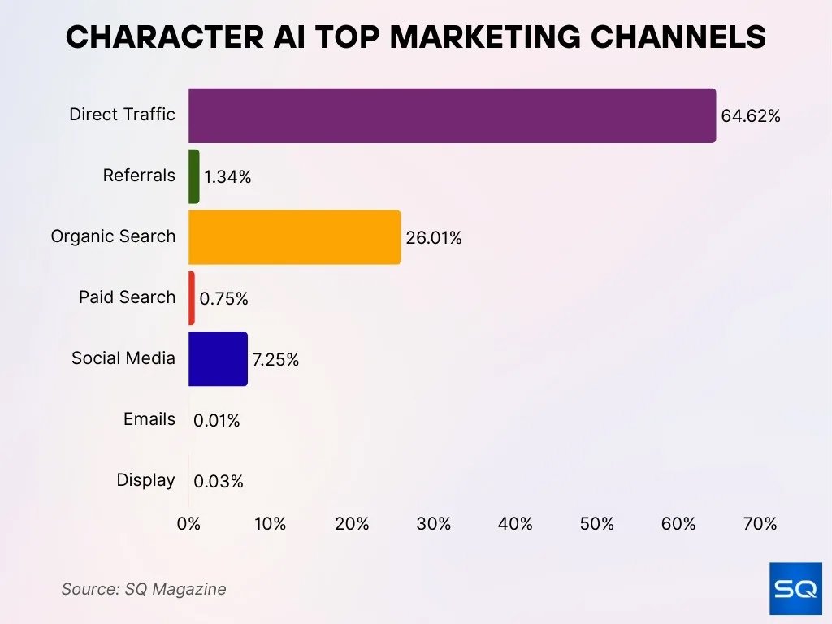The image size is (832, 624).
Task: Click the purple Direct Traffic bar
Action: [x=452, y=115]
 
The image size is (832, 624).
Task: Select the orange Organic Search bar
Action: [x=294, y=237]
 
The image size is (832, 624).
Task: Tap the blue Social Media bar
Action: [x=218, y=358]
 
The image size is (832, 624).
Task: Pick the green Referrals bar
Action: [x=193, y=176]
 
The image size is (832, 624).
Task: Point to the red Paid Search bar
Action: [x=192, y=298]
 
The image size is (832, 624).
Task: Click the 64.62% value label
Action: [x=750, y=116]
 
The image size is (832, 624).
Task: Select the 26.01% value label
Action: [x=434, y=238]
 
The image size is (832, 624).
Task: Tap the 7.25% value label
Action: [x=275, y=359]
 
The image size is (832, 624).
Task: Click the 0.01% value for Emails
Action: [x=216, y=421]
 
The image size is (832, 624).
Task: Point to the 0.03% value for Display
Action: [x=218, y=482]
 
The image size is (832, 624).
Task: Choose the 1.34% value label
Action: [x=227, y=177]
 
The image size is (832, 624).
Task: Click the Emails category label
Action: [x=149, y=419]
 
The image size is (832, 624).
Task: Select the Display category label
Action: [x=145, y=480]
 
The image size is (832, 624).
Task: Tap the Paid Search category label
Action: [x=127, y=297]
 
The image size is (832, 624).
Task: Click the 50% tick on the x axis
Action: [x=597, y=524]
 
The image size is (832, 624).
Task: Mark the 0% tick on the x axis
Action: [x=188, y=524]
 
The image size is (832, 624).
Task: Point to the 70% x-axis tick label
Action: [x=760, y=524]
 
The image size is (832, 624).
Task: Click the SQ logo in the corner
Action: [x=795, y=588]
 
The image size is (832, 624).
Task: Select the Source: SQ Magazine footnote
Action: [x=144, y=589]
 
